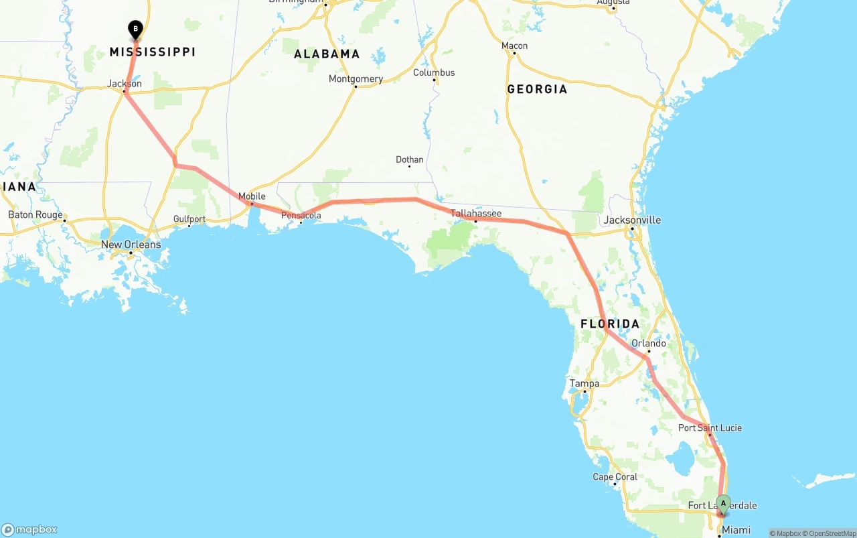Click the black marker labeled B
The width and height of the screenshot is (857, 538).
135,29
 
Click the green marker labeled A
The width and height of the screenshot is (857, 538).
723,504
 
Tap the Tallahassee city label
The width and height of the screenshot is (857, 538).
475,213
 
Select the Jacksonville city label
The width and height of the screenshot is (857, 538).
632,220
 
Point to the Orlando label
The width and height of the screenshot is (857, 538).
649,344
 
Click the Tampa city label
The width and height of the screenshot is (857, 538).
584,384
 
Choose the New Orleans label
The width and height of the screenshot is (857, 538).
131,245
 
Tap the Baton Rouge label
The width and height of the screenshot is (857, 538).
35,215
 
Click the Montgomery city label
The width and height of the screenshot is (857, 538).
356,79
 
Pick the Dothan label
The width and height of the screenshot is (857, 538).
410,159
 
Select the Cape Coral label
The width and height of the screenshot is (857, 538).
615,477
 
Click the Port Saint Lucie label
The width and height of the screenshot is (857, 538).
710,427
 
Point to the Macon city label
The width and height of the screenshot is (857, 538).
514,46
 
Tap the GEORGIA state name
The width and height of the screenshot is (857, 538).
537,89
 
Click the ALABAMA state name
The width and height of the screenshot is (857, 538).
327,54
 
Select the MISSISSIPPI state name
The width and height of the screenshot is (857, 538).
153,52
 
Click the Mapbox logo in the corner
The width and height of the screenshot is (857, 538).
29,529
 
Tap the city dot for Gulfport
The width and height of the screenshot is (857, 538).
189,226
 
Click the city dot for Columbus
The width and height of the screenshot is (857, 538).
434,80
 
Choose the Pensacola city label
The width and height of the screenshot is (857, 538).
301,216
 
